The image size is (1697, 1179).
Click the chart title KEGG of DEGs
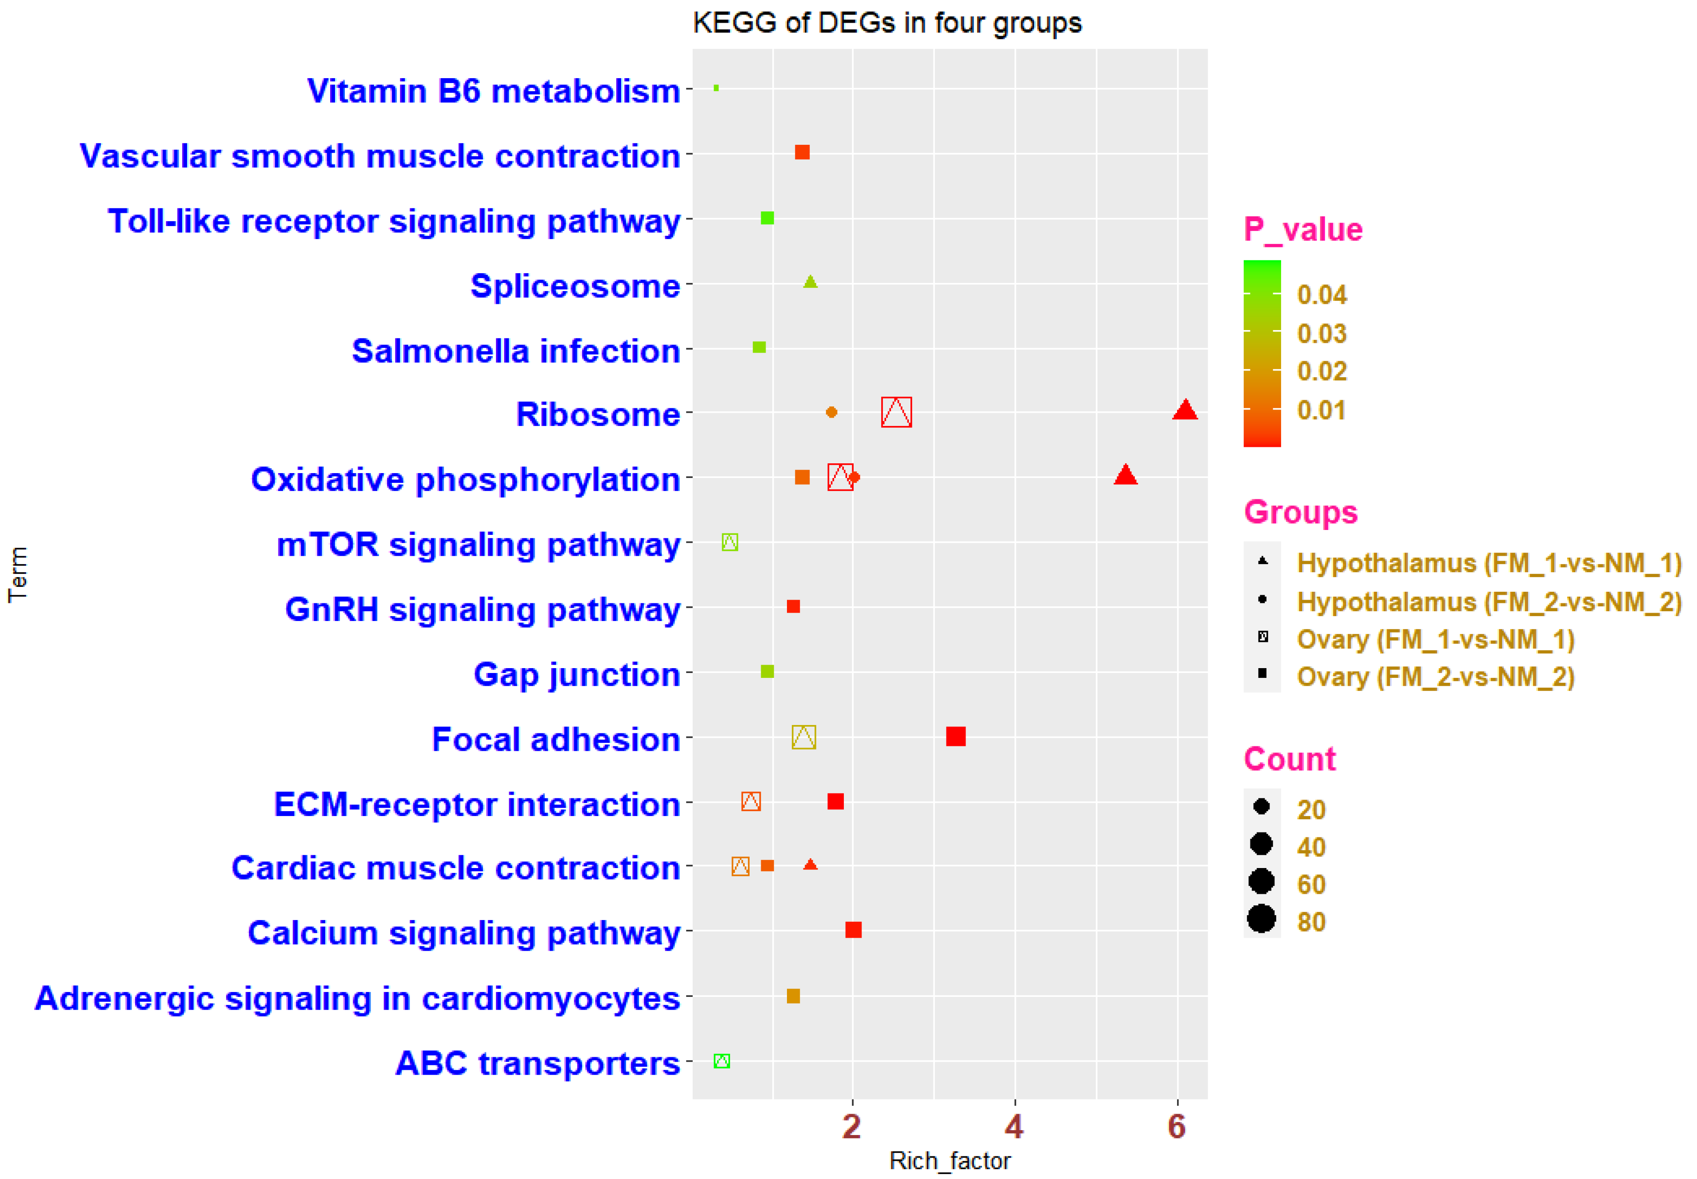click(886, 23)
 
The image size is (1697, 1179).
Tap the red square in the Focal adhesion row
click(955, 737)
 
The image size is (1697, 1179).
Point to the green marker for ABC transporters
click(722, 1061)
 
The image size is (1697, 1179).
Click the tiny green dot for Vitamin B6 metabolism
click(716, 88)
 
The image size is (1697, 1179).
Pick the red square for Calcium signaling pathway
click(853, 929)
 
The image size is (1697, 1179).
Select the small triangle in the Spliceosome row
click(811, 282)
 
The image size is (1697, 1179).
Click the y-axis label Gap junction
click(576, 674)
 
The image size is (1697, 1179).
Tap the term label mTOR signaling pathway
click(478, 545)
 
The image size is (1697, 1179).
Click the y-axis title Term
click(18, 575)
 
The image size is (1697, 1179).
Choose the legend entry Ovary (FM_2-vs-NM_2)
click(1435, 677)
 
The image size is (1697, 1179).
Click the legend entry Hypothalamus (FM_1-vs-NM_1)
click(1489, 563)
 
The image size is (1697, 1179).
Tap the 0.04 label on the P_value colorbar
click(1322, 295)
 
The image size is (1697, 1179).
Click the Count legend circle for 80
click(1262, 919)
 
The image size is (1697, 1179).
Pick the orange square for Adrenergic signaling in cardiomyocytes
click(794, 996)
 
